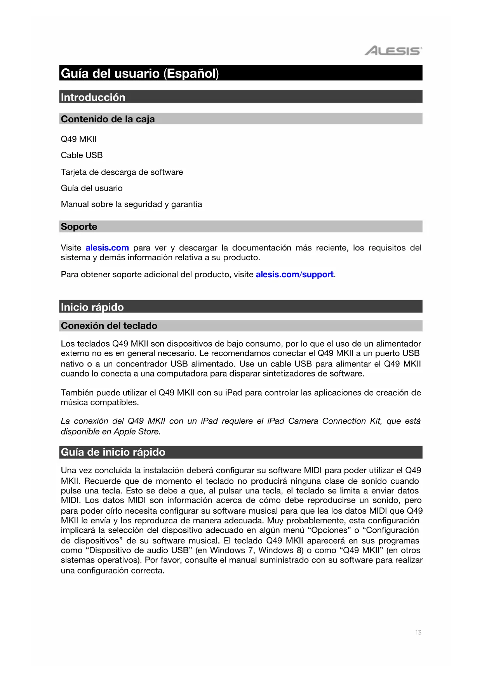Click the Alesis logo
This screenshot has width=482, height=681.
click(393, 51)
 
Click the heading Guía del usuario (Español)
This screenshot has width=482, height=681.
click(140, 73)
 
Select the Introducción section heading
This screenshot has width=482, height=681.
click(93, 97)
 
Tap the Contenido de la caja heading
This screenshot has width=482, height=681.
click(108, 119)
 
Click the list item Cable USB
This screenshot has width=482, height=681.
click(82, 155)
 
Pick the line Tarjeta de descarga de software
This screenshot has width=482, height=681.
click(122, 172)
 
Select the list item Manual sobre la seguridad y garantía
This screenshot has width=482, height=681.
click(131, 204)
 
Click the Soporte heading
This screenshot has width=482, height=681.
click(79, 227)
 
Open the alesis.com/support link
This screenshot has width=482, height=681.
click(294, 274)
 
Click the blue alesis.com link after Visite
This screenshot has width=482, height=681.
click(107, 248)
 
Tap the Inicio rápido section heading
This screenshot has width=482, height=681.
click(92, 307)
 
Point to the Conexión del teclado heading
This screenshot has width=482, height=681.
click(109, 326)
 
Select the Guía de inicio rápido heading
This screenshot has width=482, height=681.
click(113, 452)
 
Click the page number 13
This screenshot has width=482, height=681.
click(418, 632)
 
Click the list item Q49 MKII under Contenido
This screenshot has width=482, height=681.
click(78, 139)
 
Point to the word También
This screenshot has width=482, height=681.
click(77, 393)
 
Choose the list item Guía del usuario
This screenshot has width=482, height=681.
click(91, 188)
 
